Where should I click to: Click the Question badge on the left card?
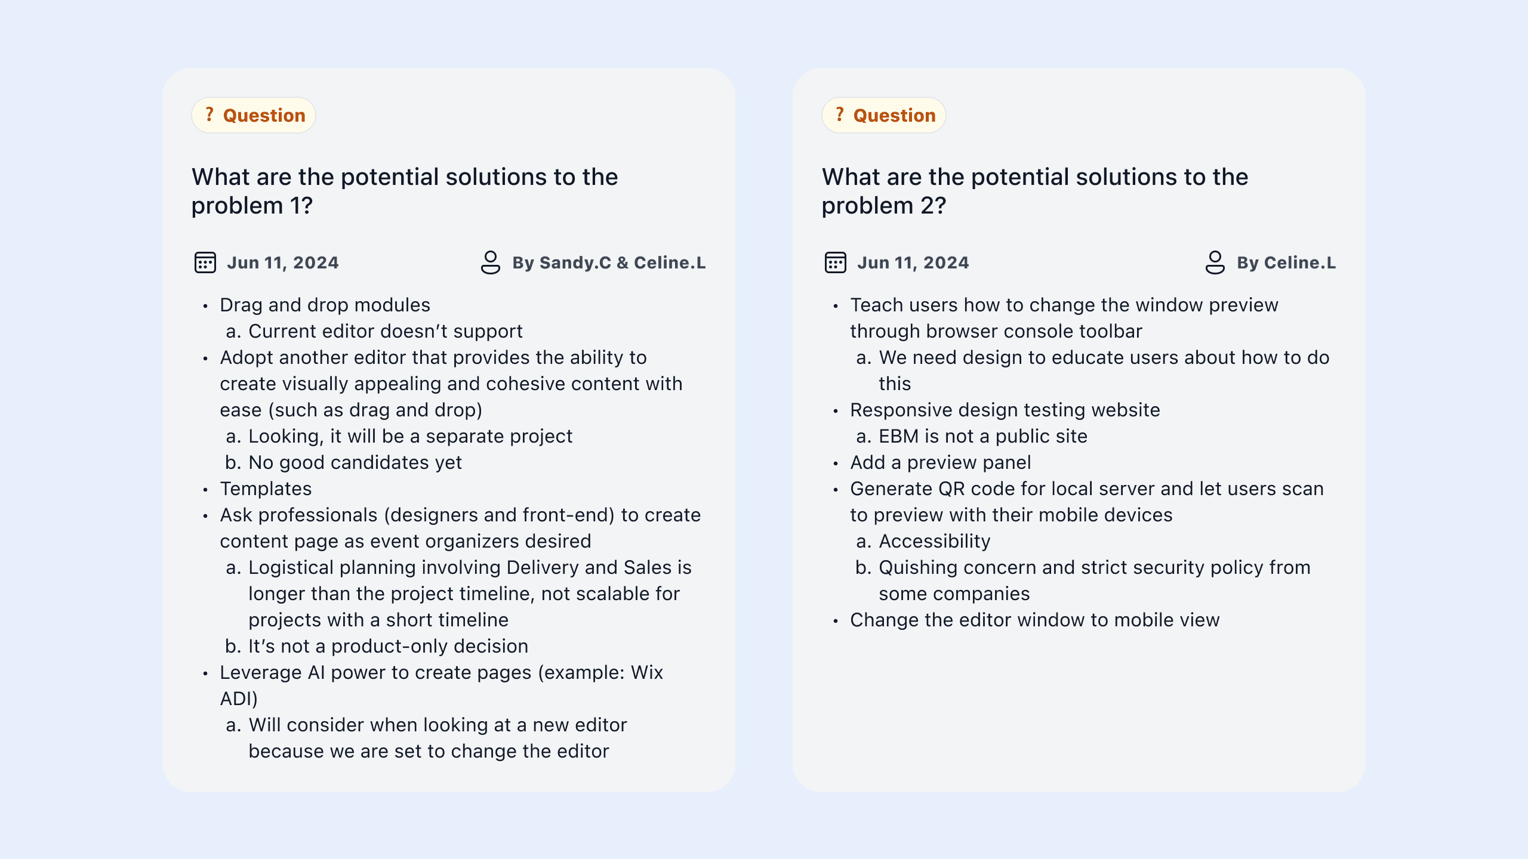point(254,115)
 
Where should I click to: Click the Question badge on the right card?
point(884,115)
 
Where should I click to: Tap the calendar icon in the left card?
point(205,262)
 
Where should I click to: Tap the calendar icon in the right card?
point(835,262)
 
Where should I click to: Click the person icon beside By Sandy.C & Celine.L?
point(490,262)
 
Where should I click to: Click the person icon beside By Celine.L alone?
point(1215,262)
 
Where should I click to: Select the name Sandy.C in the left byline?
point(575,263)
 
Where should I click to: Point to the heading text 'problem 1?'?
point(252,206)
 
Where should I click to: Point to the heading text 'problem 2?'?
point(883,206)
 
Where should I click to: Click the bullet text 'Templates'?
point(266,489)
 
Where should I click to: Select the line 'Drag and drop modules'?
point(325,305)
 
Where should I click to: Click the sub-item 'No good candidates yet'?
point(355,462)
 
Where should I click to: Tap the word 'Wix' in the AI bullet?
point(647,672)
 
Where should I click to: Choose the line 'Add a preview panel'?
point(940,462)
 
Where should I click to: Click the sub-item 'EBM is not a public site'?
point(982,436)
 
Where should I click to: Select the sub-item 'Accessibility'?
point(934,541)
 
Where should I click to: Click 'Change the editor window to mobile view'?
point(1034,620)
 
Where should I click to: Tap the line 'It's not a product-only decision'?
point(388,646)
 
